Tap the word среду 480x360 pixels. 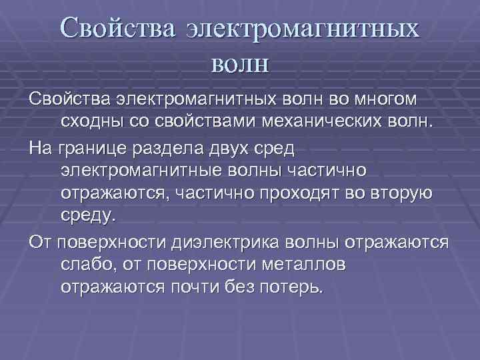[88, 216]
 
